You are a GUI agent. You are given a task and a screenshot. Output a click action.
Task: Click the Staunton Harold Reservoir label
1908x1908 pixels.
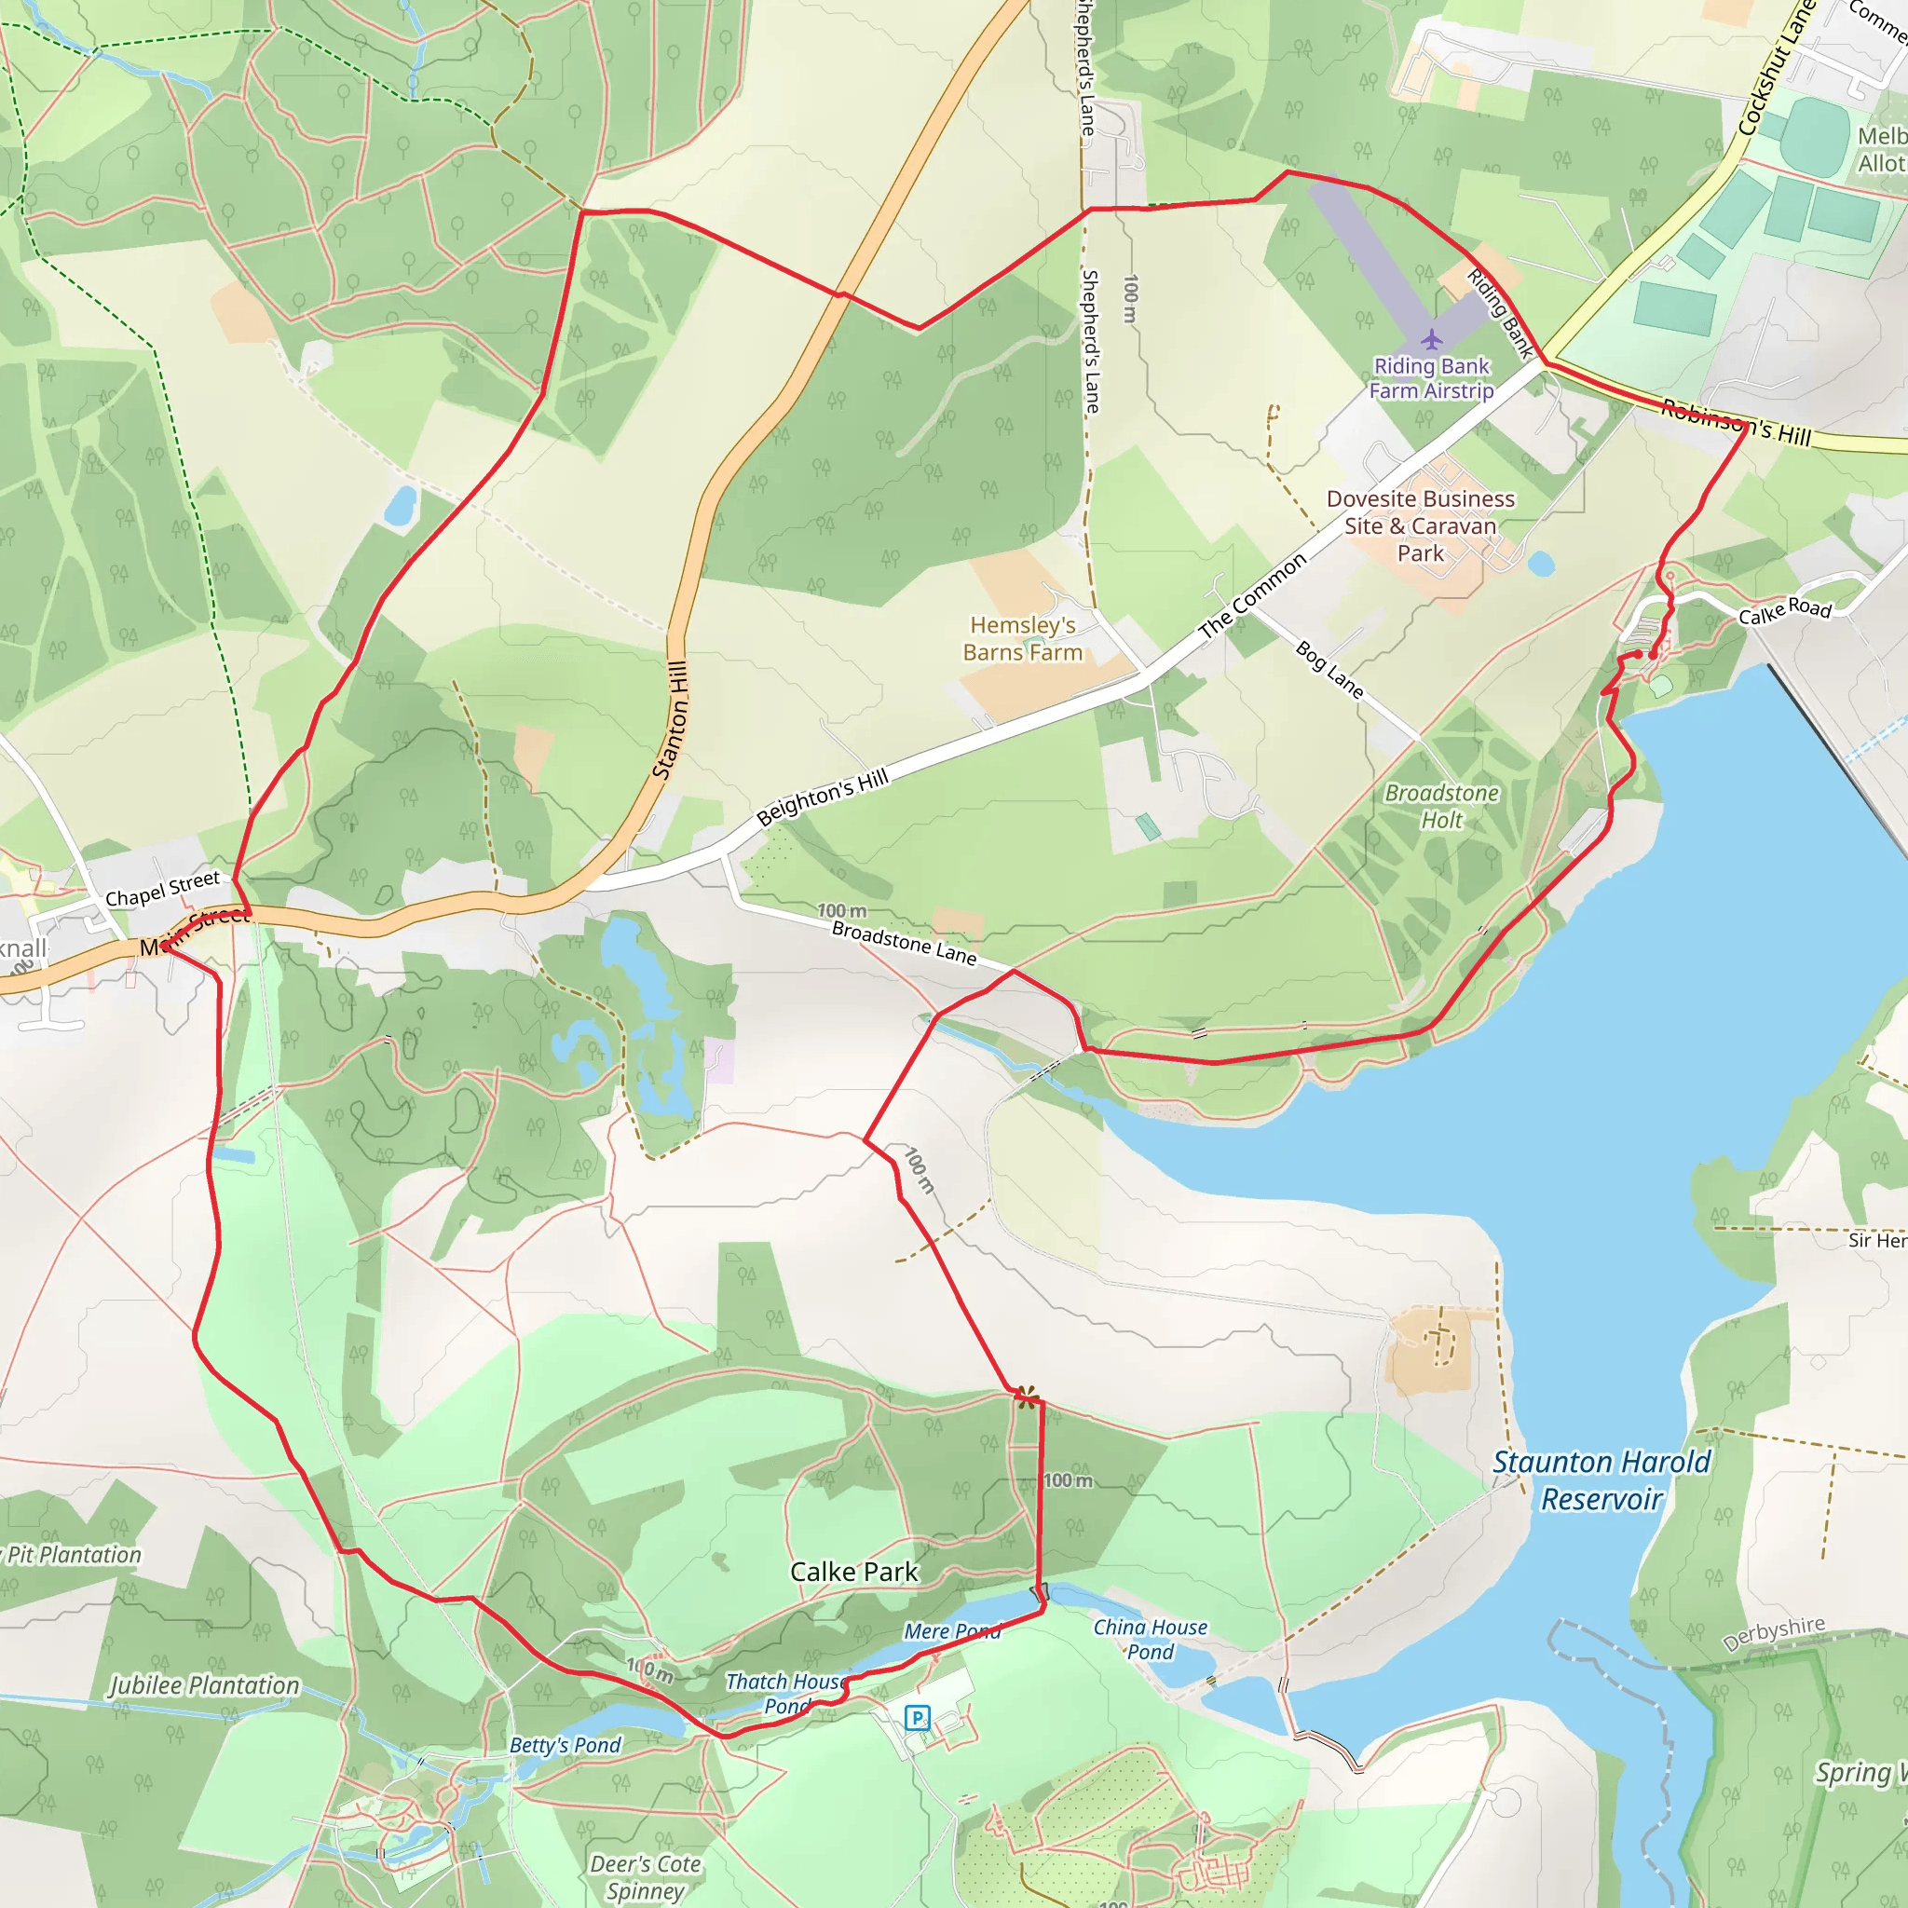pyautogui.click(x=1601, y=1480)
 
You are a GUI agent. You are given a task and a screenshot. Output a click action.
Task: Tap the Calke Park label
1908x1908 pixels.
pyautogui.click(x=854, y=1572)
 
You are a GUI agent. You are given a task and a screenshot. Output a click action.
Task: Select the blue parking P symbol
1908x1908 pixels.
pyautogui.click(x=918, y=1718)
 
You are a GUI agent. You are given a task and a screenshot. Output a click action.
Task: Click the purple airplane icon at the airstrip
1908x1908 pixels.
pyautogui.click(x=1432, y=340)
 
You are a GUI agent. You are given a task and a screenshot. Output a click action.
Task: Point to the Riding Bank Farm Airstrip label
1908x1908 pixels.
pyautogui.click(x=1431, y=378)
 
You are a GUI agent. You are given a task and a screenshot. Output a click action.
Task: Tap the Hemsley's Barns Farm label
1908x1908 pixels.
pyautogui.click(x=1022, y=639)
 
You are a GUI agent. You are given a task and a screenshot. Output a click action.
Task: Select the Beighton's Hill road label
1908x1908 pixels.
pyautogui.click(x=823, y=798)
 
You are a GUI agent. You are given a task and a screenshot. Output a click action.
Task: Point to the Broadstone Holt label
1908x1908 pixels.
pyautogui.click(x=1442, y=806)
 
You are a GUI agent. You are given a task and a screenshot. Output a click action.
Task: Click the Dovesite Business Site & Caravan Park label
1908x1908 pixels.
pyautogui.click(x=1420, y=525)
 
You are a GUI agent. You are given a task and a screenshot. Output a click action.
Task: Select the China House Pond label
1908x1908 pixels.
pyautogui.click(x=1150, y=1640)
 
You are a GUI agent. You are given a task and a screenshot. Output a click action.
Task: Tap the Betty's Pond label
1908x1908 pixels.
pyautogui.click(x=565, y=1745)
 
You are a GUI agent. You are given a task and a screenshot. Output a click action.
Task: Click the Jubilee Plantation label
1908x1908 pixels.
pyautogui.click(x=204, y=1685)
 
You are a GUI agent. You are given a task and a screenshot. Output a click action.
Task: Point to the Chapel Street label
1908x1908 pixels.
pyautogui.click(x=163, y=889)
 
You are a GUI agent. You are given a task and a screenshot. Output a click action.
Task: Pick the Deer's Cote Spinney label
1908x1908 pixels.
pyautogui.click(x=646, y=1877)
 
